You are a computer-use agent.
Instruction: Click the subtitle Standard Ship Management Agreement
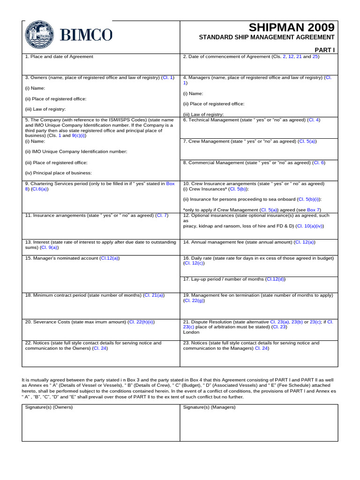pos(267,37)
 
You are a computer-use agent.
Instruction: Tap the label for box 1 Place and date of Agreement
pos(59,57)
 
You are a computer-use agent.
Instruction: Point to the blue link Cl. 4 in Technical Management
pos(314,120)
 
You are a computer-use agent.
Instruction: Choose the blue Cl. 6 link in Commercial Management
pos(319,163)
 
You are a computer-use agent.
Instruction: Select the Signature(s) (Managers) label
pos(209,407)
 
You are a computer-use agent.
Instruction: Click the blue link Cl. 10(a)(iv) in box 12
pos(309,225)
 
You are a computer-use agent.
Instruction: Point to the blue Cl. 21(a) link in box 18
pos(154,295)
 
